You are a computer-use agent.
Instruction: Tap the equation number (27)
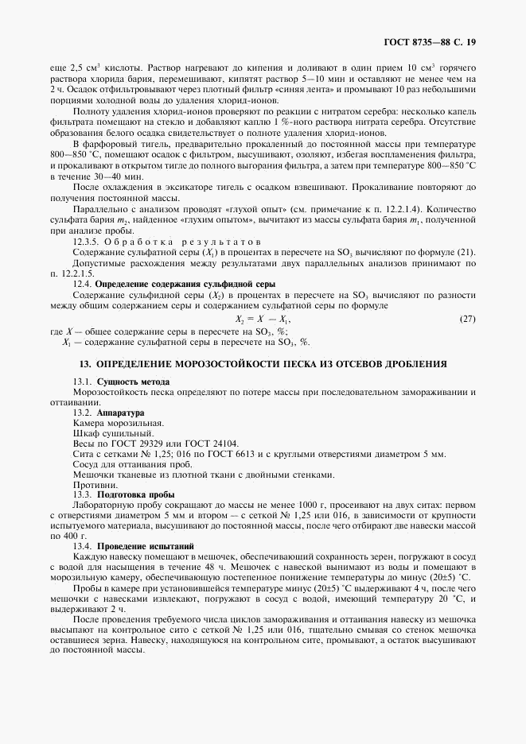tap(468, 319)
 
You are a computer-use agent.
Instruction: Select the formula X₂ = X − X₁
tap(258, 319)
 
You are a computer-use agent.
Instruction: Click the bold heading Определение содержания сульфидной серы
tap(185, 283)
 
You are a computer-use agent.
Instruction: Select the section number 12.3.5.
tap(87, 241)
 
